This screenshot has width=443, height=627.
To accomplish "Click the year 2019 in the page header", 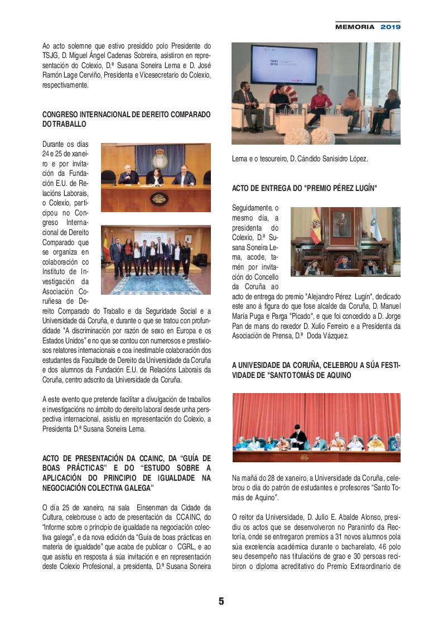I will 391,27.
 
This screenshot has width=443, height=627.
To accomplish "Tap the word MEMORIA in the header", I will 355,27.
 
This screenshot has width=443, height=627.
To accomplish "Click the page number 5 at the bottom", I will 221,601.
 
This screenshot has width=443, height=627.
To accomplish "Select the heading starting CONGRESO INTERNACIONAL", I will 126,114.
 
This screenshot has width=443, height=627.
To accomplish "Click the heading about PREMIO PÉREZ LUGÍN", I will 304,189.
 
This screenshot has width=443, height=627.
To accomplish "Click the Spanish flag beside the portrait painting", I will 315,227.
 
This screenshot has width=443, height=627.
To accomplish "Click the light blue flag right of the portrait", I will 376,225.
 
